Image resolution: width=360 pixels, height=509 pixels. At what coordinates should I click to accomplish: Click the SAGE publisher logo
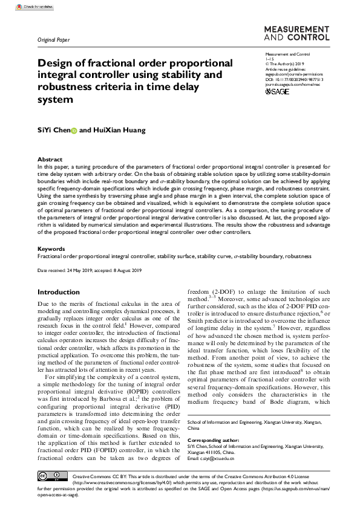(x=278, y=91)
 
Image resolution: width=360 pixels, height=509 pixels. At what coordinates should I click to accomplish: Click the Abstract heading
(x=50, y=159)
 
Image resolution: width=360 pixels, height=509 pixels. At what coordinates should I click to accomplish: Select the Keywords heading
(x=51, y=248)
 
